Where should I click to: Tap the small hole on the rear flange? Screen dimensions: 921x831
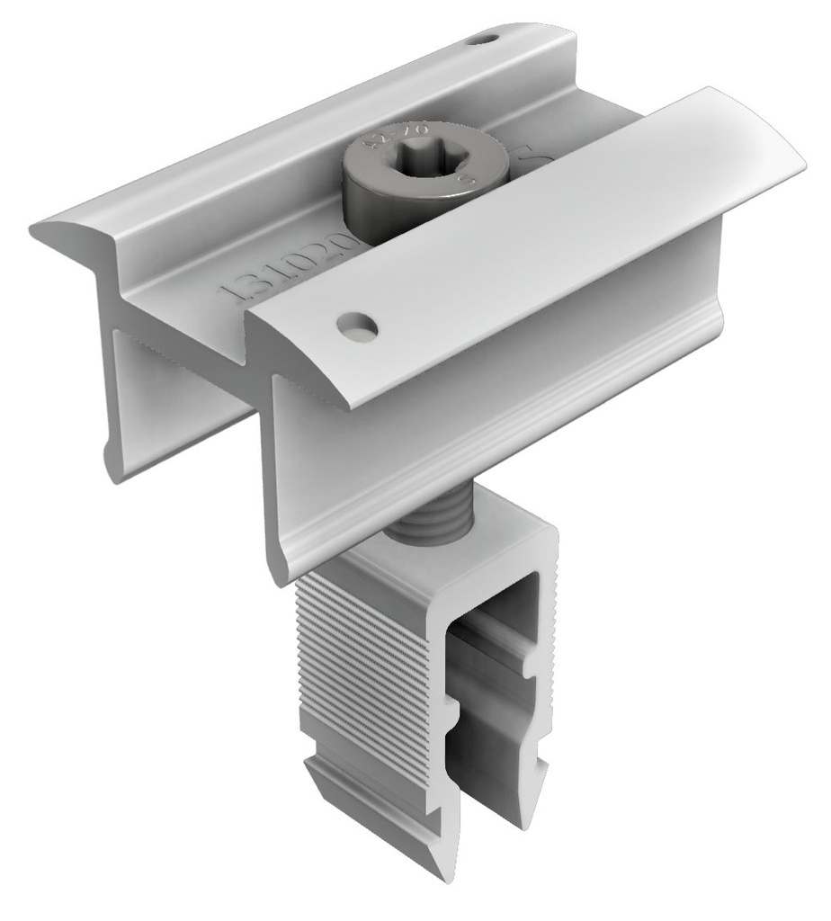(487, 39)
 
